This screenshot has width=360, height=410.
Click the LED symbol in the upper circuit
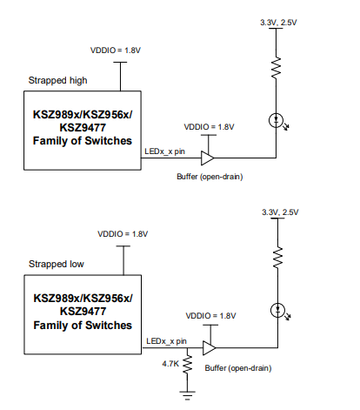pyautogui.click(x=277, y=120)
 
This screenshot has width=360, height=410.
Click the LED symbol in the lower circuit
pyautogui.click(x=278, y=310)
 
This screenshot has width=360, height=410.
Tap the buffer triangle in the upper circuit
pyautogui.click(x=208, y=158)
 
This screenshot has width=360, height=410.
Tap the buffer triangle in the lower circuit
pyautogui.click(x=210, y=347)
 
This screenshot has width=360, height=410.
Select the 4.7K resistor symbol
pyautogui.click(x=188, y=365)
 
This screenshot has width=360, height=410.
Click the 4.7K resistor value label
pyautogui.click(x=170, y=364)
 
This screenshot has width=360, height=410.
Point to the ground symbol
pyautogui.click(x=188, y=396)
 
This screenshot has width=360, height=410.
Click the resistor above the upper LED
pyautogui.click(x=277, y=67)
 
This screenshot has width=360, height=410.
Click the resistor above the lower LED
pyautogui.click(x=278, y=258)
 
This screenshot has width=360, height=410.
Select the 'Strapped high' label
pyautogui.click(x=57, y=80)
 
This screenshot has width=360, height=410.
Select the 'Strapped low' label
pyautogui.click(x=57, y=264)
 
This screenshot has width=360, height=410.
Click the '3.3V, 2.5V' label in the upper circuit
pyautogui.click(x=278, y=23)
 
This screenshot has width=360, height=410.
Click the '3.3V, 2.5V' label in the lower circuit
pyautogui.click(x=280, y=212)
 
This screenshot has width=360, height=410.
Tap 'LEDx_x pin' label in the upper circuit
pyautogui.click(x=164, y=151)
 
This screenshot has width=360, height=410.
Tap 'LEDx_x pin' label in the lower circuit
pyautogui.click(x=166, y=341)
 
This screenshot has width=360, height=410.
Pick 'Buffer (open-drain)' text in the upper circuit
pyautogui.click(x=210, y=177)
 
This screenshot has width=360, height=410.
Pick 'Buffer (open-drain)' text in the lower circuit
pyautogui.click(x=238, y=368)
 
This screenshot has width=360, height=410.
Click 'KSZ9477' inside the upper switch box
pyautogui.click(x=83, y=128)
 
